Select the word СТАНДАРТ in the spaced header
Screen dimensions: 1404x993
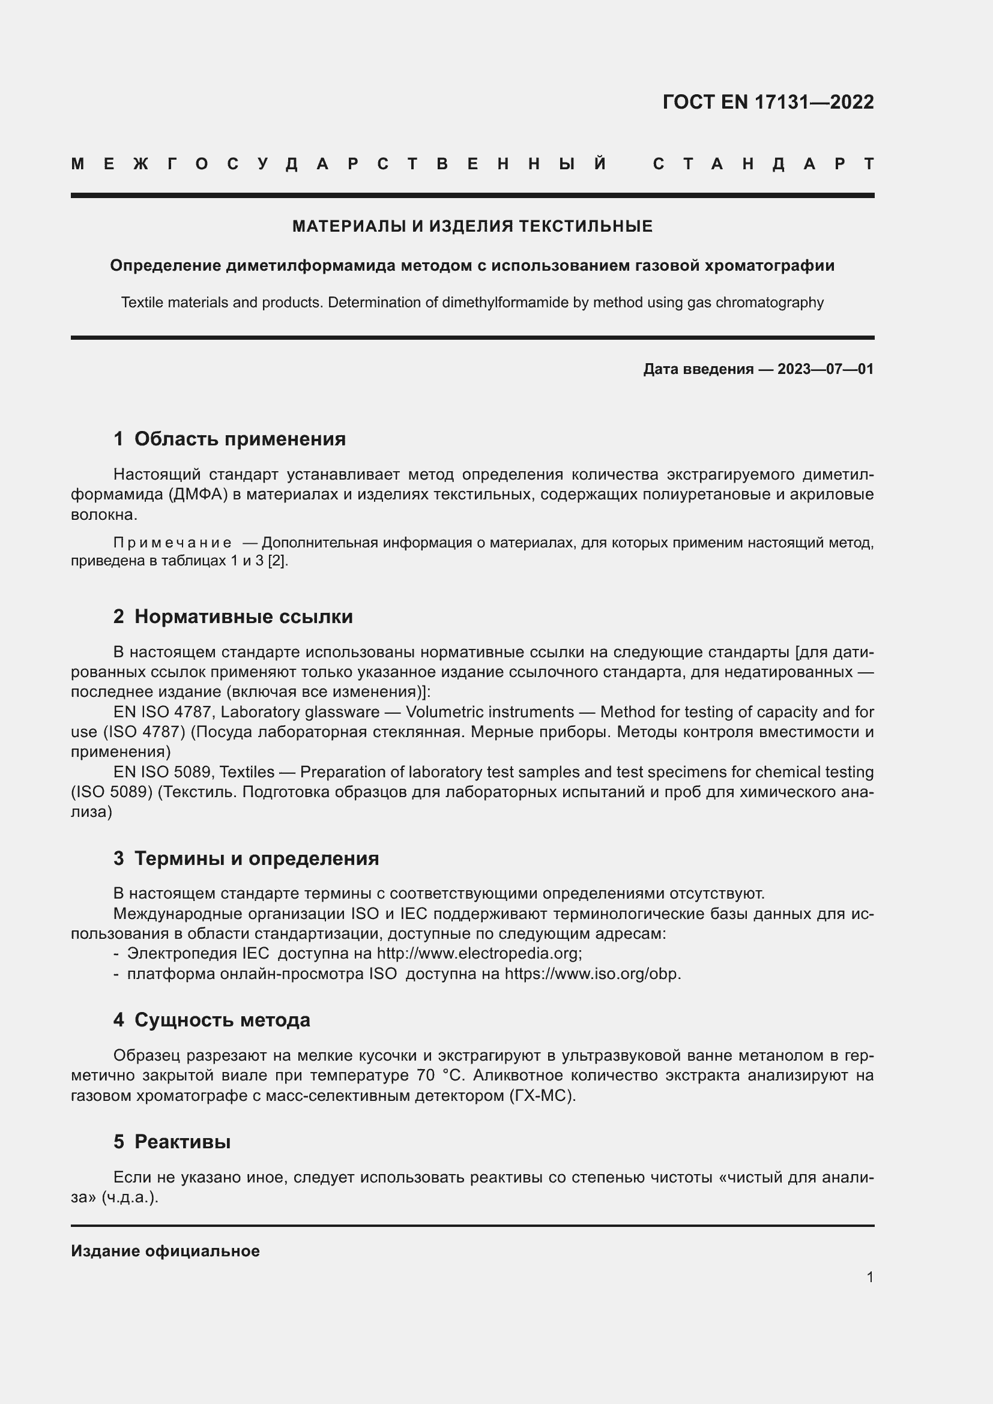[x=763, y=164]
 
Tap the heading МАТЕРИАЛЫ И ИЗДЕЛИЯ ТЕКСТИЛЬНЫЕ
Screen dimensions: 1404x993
[x=472, y=226]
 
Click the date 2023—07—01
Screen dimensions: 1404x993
[x=825, y=369]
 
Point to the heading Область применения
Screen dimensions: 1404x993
[x=240, y=439]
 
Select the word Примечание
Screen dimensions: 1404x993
[x=172, y=543]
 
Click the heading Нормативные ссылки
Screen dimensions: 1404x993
[x=243, y=616]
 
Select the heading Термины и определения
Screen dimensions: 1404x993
[x=256, y=858]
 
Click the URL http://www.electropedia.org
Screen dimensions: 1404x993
[x=478, y=953]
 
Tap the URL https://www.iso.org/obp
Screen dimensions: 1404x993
[x=591, y=974]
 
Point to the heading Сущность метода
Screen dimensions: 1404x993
[x=222, y=1020]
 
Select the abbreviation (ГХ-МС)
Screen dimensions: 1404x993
[x=542, y=1095]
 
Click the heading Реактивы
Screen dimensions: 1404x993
[x=183, y=1142]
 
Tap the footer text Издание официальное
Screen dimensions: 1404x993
[x=165, y=1251]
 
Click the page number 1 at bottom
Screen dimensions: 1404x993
[x=869, y=1277]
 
